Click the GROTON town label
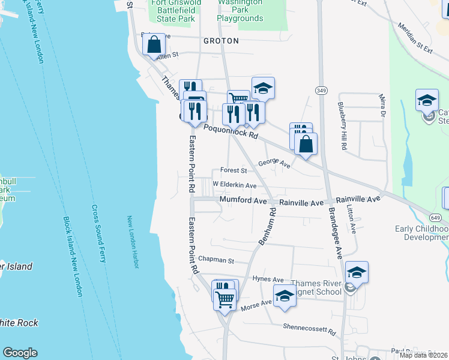point(221,41)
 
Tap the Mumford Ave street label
point(243,200)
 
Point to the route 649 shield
point(435,217)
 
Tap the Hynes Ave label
point(268,280)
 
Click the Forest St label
point(233,170)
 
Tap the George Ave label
point(274,163)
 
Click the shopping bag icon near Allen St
point(154,44)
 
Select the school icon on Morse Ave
point(285,296)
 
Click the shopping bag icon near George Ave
point(306,144)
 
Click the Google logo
point(20,353)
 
